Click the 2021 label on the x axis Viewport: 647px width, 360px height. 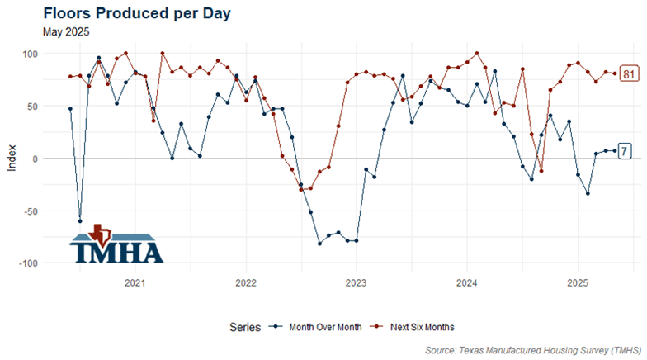tap(135, 282)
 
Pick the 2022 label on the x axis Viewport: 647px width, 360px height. tap(245, 282)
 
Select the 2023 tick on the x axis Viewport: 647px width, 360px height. tap(356, 282)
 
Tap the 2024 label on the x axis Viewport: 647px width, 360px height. tap(466, 282)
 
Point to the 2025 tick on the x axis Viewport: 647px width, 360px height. tap(577, 282)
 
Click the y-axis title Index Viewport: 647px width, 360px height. tap(11, 158)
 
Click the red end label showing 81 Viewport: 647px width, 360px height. tap(629, 74)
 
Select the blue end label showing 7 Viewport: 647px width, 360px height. tap(626, 151)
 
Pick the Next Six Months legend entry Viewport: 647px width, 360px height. tap(413, 327)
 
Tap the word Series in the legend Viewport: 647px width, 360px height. tap(245, 327)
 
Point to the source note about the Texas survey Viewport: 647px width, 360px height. tap(533, 351)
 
